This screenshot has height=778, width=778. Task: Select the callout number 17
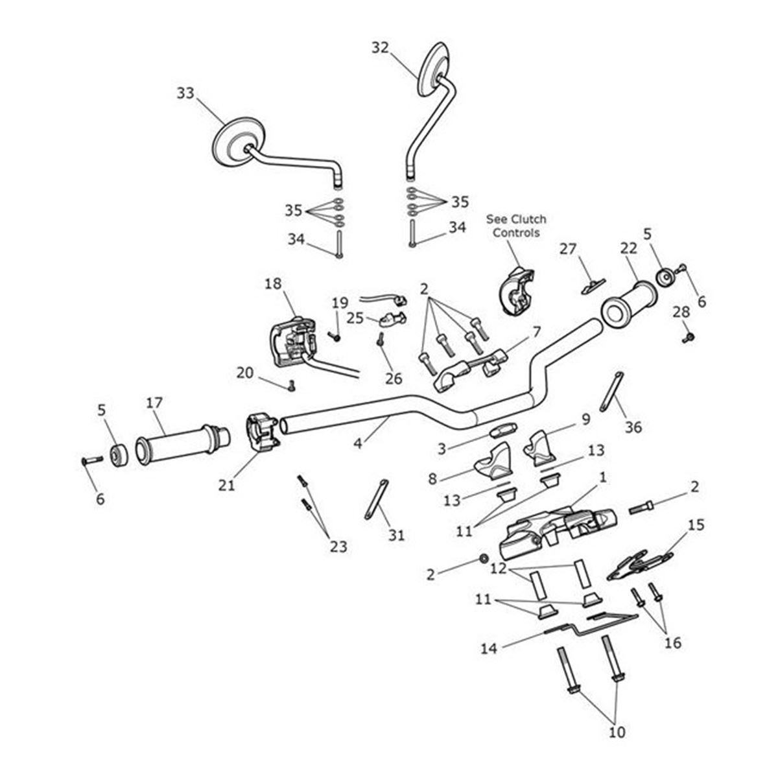coord(154,403)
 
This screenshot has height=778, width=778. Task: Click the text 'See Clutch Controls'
coord(516,226)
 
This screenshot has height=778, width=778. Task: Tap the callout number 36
coord(633,427)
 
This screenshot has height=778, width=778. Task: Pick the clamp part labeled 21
coord(262,432)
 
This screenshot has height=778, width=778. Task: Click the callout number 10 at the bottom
coord(617,733)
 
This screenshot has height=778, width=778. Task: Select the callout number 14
coord(489,648)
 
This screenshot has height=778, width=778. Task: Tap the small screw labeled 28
coord(689,337)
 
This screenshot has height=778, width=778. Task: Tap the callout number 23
coord(338,547)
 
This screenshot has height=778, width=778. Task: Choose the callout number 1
coord(603,477)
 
